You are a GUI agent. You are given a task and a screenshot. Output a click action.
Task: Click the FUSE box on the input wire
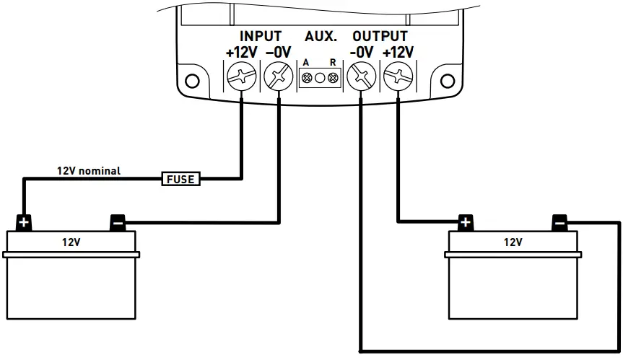click(180, 178)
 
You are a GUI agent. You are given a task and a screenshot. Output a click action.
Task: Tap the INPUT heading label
click(261, 36)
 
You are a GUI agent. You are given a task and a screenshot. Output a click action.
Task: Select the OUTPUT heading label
click(380, 36)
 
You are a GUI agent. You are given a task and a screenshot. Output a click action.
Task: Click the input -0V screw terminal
click(276, 76)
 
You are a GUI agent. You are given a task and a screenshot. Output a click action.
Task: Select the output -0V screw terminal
click(360, 76)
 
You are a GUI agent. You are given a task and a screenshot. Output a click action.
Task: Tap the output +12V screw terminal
click(396, 76)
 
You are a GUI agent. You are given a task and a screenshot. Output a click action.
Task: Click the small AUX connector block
click(320, 77)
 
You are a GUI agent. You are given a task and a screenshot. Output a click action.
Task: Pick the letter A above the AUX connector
click(306, 63)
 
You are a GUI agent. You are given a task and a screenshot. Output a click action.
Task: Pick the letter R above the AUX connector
click(333, 63)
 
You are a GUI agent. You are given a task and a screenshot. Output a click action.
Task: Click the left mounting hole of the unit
click(191, 80)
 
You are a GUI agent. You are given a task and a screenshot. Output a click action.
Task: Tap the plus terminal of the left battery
click(25, 222)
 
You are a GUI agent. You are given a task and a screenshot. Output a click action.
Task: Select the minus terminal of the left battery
click(117, 222)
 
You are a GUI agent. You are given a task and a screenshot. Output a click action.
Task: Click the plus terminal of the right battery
click(466, 222)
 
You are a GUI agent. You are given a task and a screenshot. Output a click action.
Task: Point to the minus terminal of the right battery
click(559, 222)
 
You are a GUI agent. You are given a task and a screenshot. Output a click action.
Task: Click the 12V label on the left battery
click(71, 242)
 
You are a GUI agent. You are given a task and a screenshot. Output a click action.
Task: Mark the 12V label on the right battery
click(513, 242)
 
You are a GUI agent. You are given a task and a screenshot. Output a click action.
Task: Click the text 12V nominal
click(89, 171)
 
